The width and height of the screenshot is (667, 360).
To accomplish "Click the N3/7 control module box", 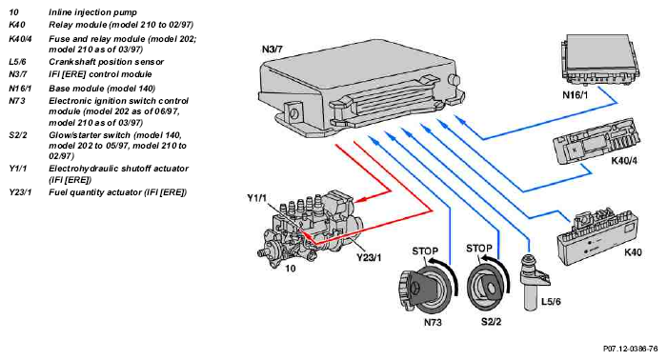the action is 361,90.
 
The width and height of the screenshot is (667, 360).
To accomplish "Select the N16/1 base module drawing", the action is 599,60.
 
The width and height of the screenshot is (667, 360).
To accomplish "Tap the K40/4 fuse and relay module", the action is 596,143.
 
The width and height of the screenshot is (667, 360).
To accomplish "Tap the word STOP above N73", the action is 425,251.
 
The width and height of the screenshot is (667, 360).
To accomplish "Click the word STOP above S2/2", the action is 479,249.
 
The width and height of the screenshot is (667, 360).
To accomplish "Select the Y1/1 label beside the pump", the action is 257,198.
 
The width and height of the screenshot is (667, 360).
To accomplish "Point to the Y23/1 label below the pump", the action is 369,257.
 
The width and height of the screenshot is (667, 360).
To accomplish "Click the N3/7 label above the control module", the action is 273,50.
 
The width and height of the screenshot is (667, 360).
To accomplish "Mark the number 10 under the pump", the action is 290,269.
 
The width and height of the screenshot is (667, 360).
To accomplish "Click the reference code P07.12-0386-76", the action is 631,349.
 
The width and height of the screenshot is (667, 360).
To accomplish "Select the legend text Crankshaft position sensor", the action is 106,62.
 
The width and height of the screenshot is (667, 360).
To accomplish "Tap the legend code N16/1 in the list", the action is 20,89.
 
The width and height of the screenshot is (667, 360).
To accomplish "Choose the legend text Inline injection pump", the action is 92,12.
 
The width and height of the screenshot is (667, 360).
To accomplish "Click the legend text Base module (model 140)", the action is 102,89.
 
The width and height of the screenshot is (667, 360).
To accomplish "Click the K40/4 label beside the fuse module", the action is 624,161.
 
